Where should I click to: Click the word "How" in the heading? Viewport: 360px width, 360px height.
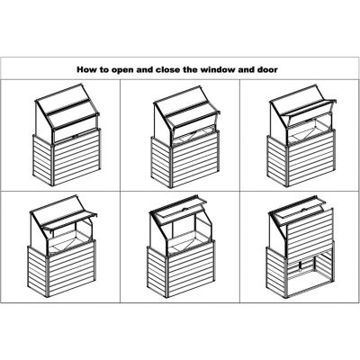coord(85,70)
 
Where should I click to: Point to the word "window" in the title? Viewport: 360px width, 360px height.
coord(217,70)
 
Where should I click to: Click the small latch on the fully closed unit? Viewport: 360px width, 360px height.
coord(75,136)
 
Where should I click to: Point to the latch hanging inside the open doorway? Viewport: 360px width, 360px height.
coord(301,266)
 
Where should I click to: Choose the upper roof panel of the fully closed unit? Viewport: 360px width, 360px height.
coord(64,99)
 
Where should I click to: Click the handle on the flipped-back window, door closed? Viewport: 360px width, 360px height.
coord(184,208)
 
